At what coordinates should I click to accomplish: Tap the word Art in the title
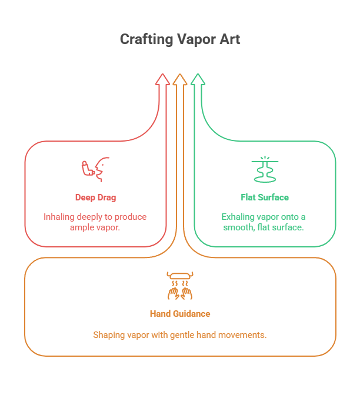229,39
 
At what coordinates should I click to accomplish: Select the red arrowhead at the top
162,80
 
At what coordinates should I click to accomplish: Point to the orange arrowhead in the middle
180,80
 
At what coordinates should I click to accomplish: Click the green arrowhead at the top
198,80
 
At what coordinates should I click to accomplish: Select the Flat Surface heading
265,197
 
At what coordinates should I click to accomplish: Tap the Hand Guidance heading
180,314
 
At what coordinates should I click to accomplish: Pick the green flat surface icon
265,169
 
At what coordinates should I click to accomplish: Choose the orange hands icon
180,284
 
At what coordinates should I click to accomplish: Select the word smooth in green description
238,227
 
